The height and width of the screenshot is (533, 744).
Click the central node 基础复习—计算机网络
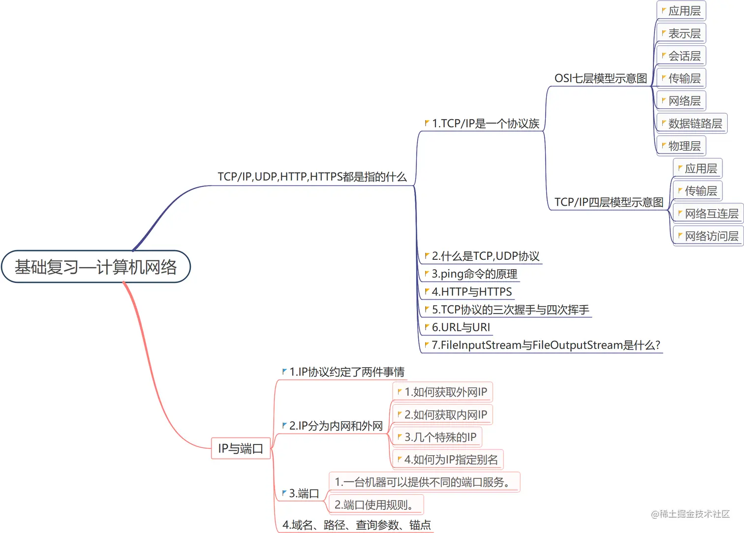point(96,267)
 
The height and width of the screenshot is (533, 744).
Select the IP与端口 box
point(241,448)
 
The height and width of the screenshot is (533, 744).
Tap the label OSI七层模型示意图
point(600,79)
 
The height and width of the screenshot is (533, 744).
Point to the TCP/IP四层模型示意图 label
point(609,202)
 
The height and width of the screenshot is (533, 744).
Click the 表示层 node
point(682,33)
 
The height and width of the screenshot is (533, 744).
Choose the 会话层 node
point(682,56)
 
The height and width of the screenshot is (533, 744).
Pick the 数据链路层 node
point(692,124)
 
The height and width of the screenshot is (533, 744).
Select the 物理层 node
point(682,146)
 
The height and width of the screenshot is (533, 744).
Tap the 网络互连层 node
point(709,214)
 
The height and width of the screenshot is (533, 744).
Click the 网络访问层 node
point(709,236)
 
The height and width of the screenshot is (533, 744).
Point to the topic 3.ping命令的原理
point(474,274)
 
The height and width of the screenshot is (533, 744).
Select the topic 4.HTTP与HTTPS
point(471,292)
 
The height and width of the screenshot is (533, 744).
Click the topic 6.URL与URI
point(461,327)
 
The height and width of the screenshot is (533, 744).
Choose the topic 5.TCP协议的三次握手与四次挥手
point(510,310)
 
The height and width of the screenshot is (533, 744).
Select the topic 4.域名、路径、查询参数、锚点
point(356,525)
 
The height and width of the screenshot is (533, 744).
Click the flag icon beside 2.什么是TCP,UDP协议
point(427,256)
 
